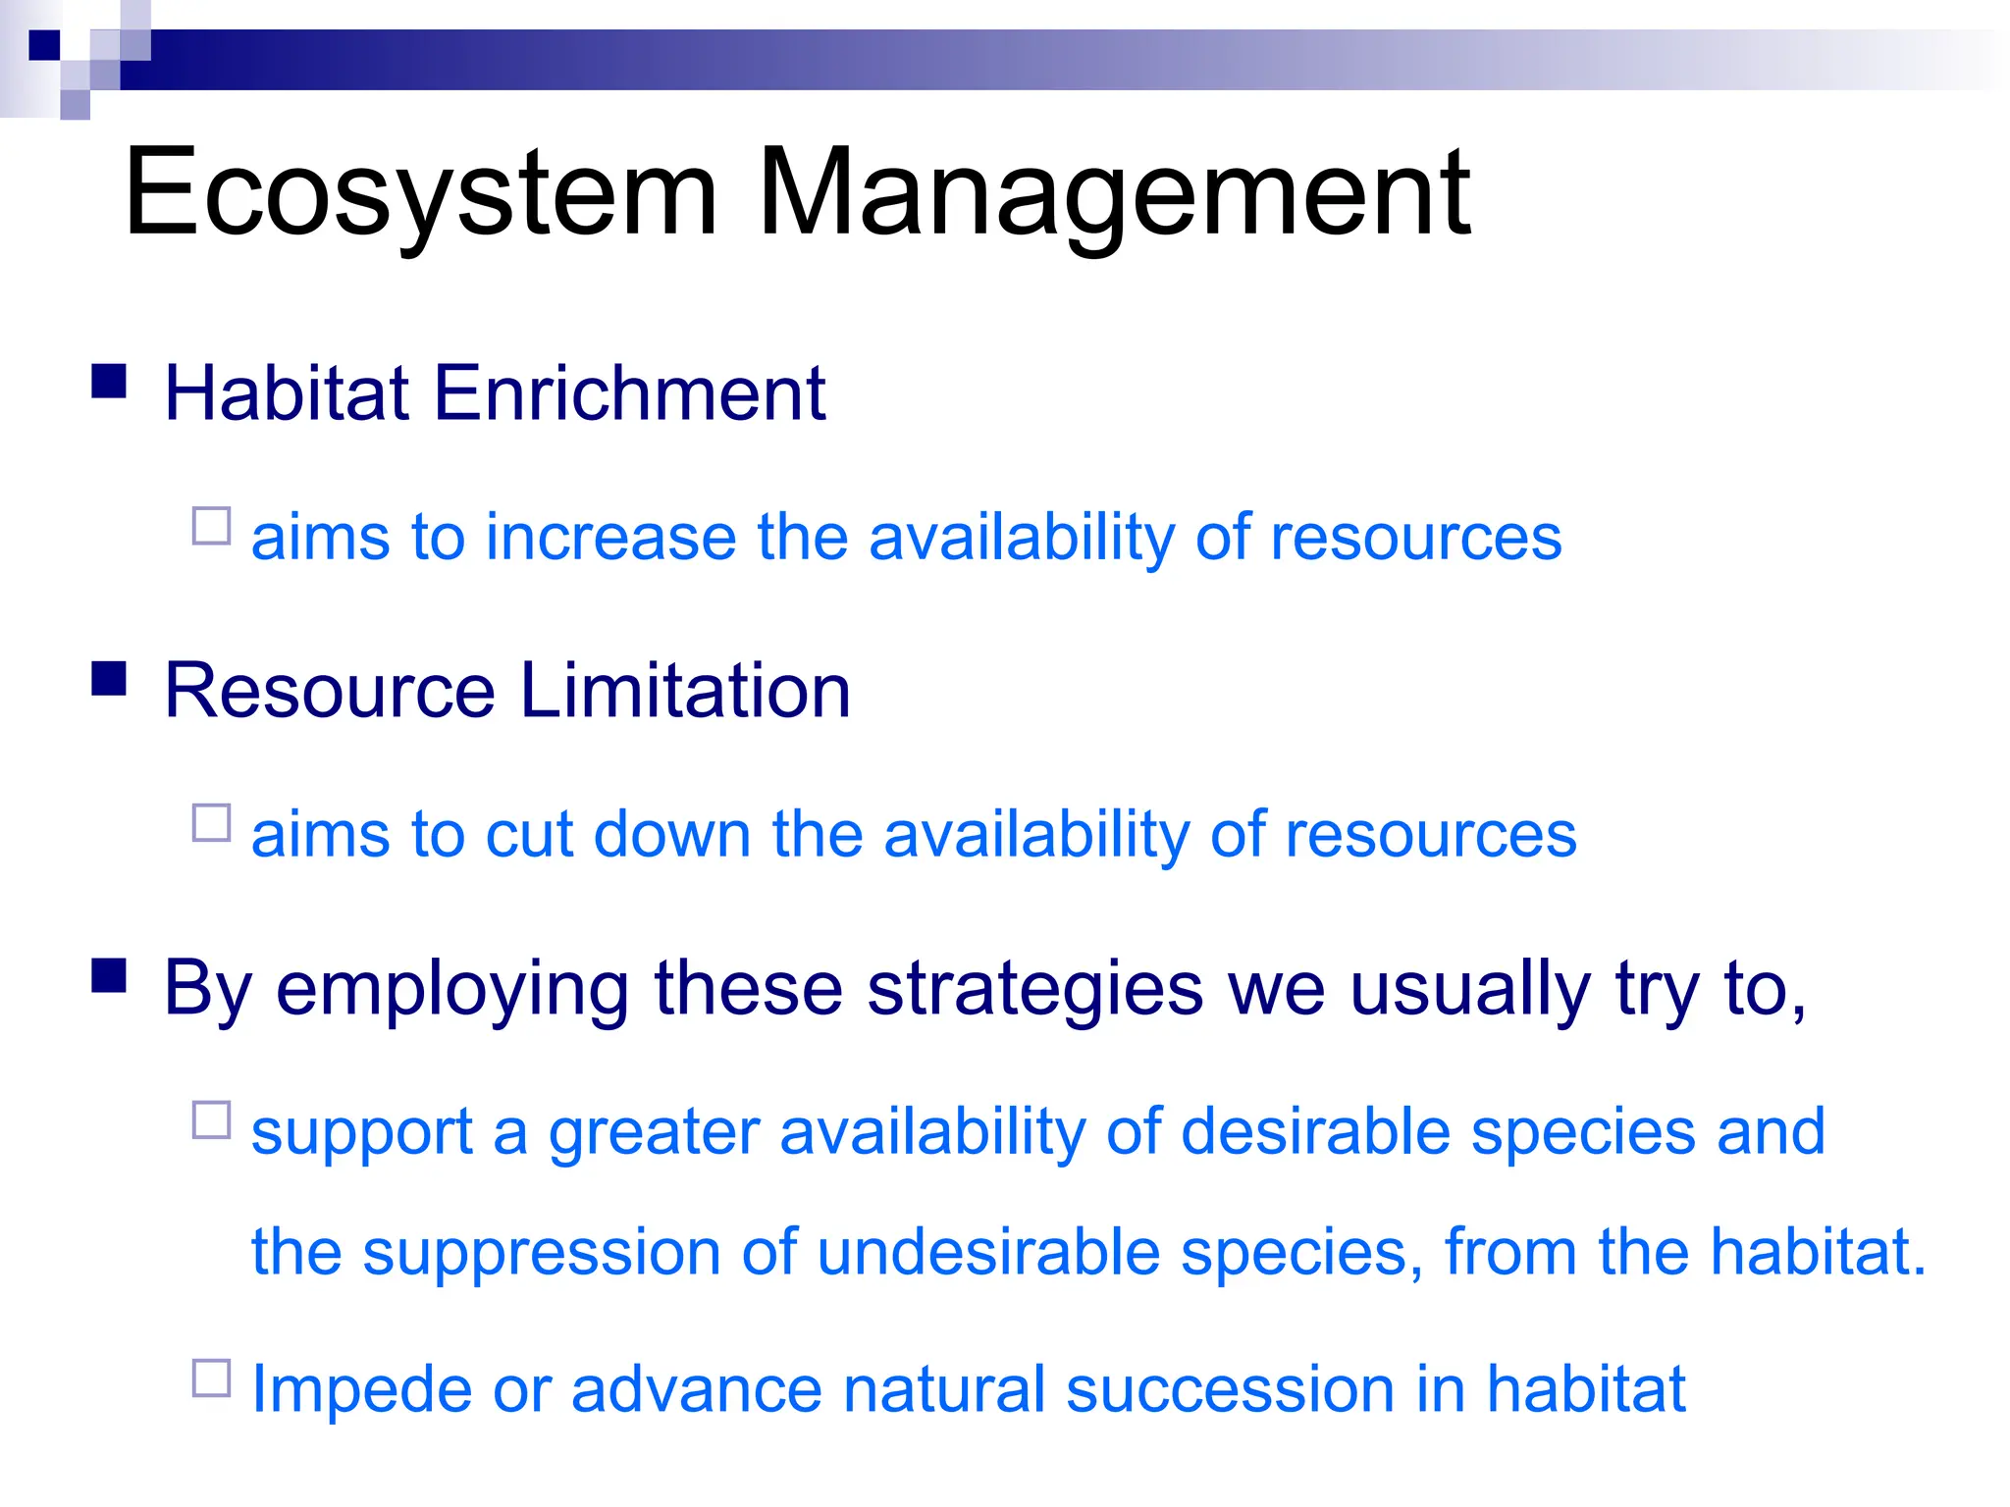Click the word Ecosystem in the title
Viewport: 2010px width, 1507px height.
click(x=420, y=193)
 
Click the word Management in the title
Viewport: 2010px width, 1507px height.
click(x=1113, y=193)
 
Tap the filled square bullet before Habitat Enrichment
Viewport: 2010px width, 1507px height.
click(x=109, y=381)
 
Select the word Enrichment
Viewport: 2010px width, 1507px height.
click(x=628, y=393)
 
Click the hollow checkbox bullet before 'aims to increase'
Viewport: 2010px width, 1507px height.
click(x=211, y=526)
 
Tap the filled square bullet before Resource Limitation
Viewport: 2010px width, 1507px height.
click(x=109, y=678)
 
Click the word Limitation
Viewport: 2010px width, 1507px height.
click(x=684, y=691)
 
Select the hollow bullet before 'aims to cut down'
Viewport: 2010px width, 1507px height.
click(x=211, y=823)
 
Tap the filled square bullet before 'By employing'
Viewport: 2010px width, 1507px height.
click(x=109, y=976)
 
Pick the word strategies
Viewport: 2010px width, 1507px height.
click(x=1034, y=989)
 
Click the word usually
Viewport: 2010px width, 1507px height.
click(x=1470, y=989)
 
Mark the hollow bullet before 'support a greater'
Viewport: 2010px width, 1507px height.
click(x=211, y=1119)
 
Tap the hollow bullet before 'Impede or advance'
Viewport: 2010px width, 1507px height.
click(x=211, y=1377)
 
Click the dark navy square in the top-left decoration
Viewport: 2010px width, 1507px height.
click(x=44, y=44)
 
